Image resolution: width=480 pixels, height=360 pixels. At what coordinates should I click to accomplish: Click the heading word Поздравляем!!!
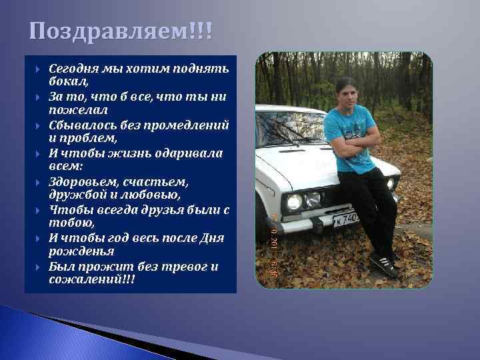tap(117, 31)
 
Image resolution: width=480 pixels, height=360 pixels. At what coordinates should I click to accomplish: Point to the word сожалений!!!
tap(91, 279)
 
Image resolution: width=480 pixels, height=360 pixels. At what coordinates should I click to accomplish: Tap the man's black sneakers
tap(386, 264)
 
